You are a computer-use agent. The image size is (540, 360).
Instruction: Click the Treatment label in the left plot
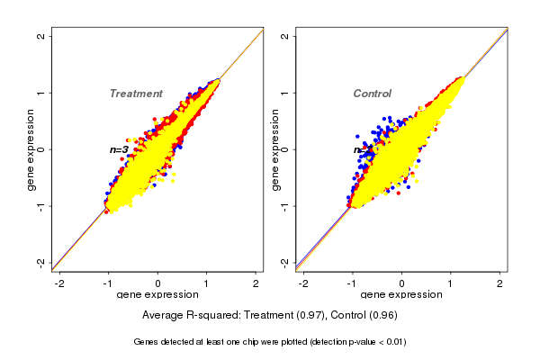pos(136,94)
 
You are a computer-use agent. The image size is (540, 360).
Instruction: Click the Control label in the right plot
pos(373,94)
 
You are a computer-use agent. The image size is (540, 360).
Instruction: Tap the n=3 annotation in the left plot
pos(119,149)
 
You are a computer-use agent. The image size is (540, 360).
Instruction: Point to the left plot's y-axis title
pos(31,149)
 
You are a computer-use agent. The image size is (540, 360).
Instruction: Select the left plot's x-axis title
pos(157,295)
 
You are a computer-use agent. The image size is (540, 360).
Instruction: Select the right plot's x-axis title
pos(402,295)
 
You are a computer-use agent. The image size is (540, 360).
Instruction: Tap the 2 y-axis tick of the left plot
pos(41,36)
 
